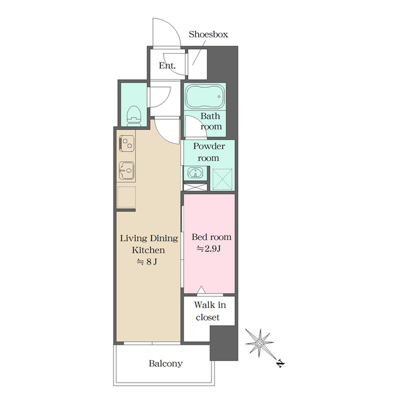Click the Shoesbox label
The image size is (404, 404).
[x=208, y=34]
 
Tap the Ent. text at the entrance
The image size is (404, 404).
[x=167, y=66]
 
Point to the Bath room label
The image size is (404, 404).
[x=211, y=121]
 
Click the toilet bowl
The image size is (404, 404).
[x=134, y=114]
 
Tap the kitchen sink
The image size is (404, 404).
[x=126, y=170]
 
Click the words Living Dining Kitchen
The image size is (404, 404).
[x=149, y=244]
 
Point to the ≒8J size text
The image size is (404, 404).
[x=149, y=261]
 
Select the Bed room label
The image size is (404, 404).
[x=211, y=237]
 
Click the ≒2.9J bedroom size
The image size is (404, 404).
[x=209, y=249]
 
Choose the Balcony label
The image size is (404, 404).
[x=165, y=364]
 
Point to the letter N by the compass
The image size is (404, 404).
[x=280, y=364]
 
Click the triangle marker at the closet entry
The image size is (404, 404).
[x=201, y=290]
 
